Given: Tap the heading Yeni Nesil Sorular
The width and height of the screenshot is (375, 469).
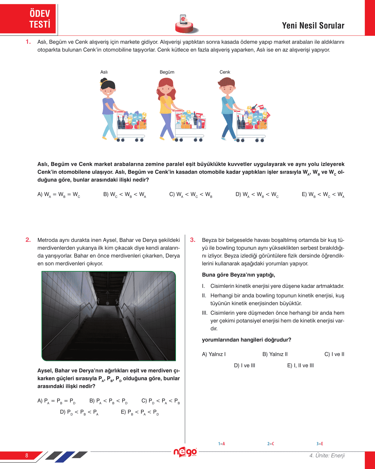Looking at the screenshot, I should click(313, 26).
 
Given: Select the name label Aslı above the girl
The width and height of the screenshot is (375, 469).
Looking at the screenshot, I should click(104, 72).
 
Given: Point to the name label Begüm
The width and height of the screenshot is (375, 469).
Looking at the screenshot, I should click(167, 72).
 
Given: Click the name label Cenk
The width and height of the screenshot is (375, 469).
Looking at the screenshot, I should click(225, 72).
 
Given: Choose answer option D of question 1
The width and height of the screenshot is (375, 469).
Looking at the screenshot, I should click(257, 195).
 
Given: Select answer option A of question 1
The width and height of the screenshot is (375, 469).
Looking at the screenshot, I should click(59, 195).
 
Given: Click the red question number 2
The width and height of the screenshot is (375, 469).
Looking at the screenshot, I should click(28, 240).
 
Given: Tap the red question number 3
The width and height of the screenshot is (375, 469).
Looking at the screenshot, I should click(193, 240).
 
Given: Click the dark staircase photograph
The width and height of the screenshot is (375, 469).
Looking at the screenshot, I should click(109, 316).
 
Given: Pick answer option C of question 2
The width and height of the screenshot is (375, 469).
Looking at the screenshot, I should click(161, 401).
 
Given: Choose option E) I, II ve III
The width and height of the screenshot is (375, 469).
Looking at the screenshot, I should click(300, 366).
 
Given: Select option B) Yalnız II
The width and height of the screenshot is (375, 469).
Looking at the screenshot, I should click(275, 354).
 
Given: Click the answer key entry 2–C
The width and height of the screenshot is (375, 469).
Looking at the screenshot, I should click(271, 444).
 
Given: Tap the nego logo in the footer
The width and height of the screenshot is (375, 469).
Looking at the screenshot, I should click(185, 452).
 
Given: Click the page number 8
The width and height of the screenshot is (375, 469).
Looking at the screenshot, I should click(26, 455).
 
